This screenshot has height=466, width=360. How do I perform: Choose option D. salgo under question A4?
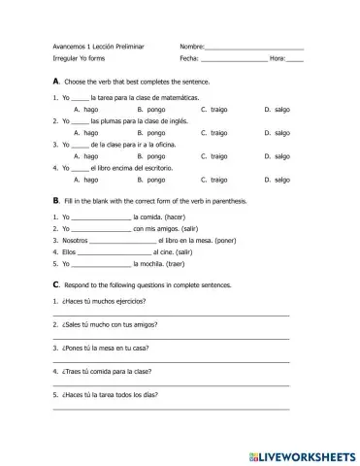pyautogui.click(x=277, y=179)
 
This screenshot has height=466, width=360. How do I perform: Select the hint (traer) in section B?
pyautogui.click(x=170, y=263)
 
